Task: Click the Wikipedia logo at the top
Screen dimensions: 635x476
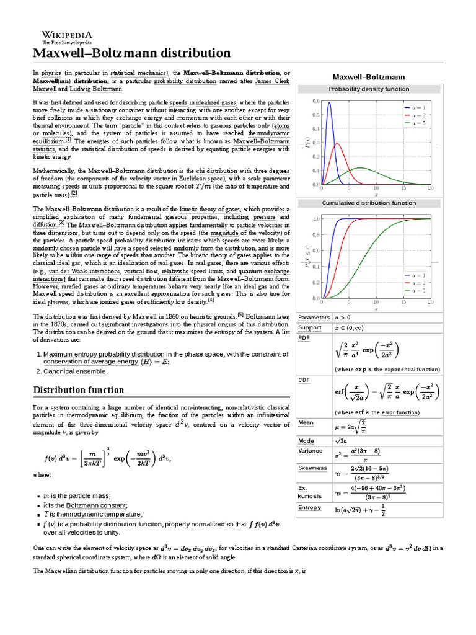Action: coord(67,37)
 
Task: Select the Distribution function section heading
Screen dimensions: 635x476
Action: coord(78,390)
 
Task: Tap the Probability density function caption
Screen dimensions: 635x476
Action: coord(369,89)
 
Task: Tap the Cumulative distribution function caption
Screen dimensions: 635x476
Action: coord(369,203)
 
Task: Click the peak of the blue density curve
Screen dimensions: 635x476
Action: coord(328,103)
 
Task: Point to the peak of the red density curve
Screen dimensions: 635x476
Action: coord(337,144)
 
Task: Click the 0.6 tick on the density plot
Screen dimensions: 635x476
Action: coord(315,101)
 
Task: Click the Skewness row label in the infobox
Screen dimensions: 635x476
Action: coord(313,468)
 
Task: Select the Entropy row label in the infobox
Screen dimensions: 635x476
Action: coord(310,507)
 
